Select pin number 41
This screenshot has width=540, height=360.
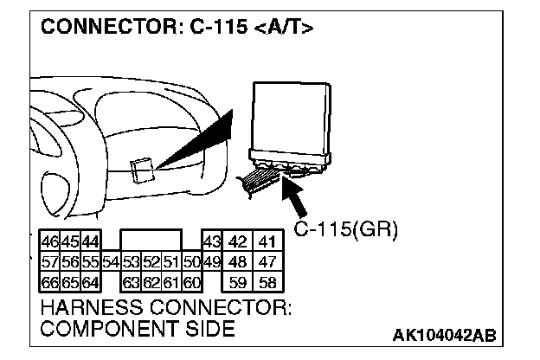click(267, 241)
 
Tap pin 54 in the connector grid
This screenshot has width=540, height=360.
click(110, 261)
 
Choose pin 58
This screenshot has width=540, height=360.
click(267, 281)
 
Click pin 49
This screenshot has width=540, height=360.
click(211, 261)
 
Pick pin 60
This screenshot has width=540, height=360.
click(191, 281)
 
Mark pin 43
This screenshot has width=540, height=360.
click(211, 241)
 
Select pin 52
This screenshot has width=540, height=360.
click(151, 261)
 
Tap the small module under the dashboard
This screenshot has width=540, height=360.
click(143, 170)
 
